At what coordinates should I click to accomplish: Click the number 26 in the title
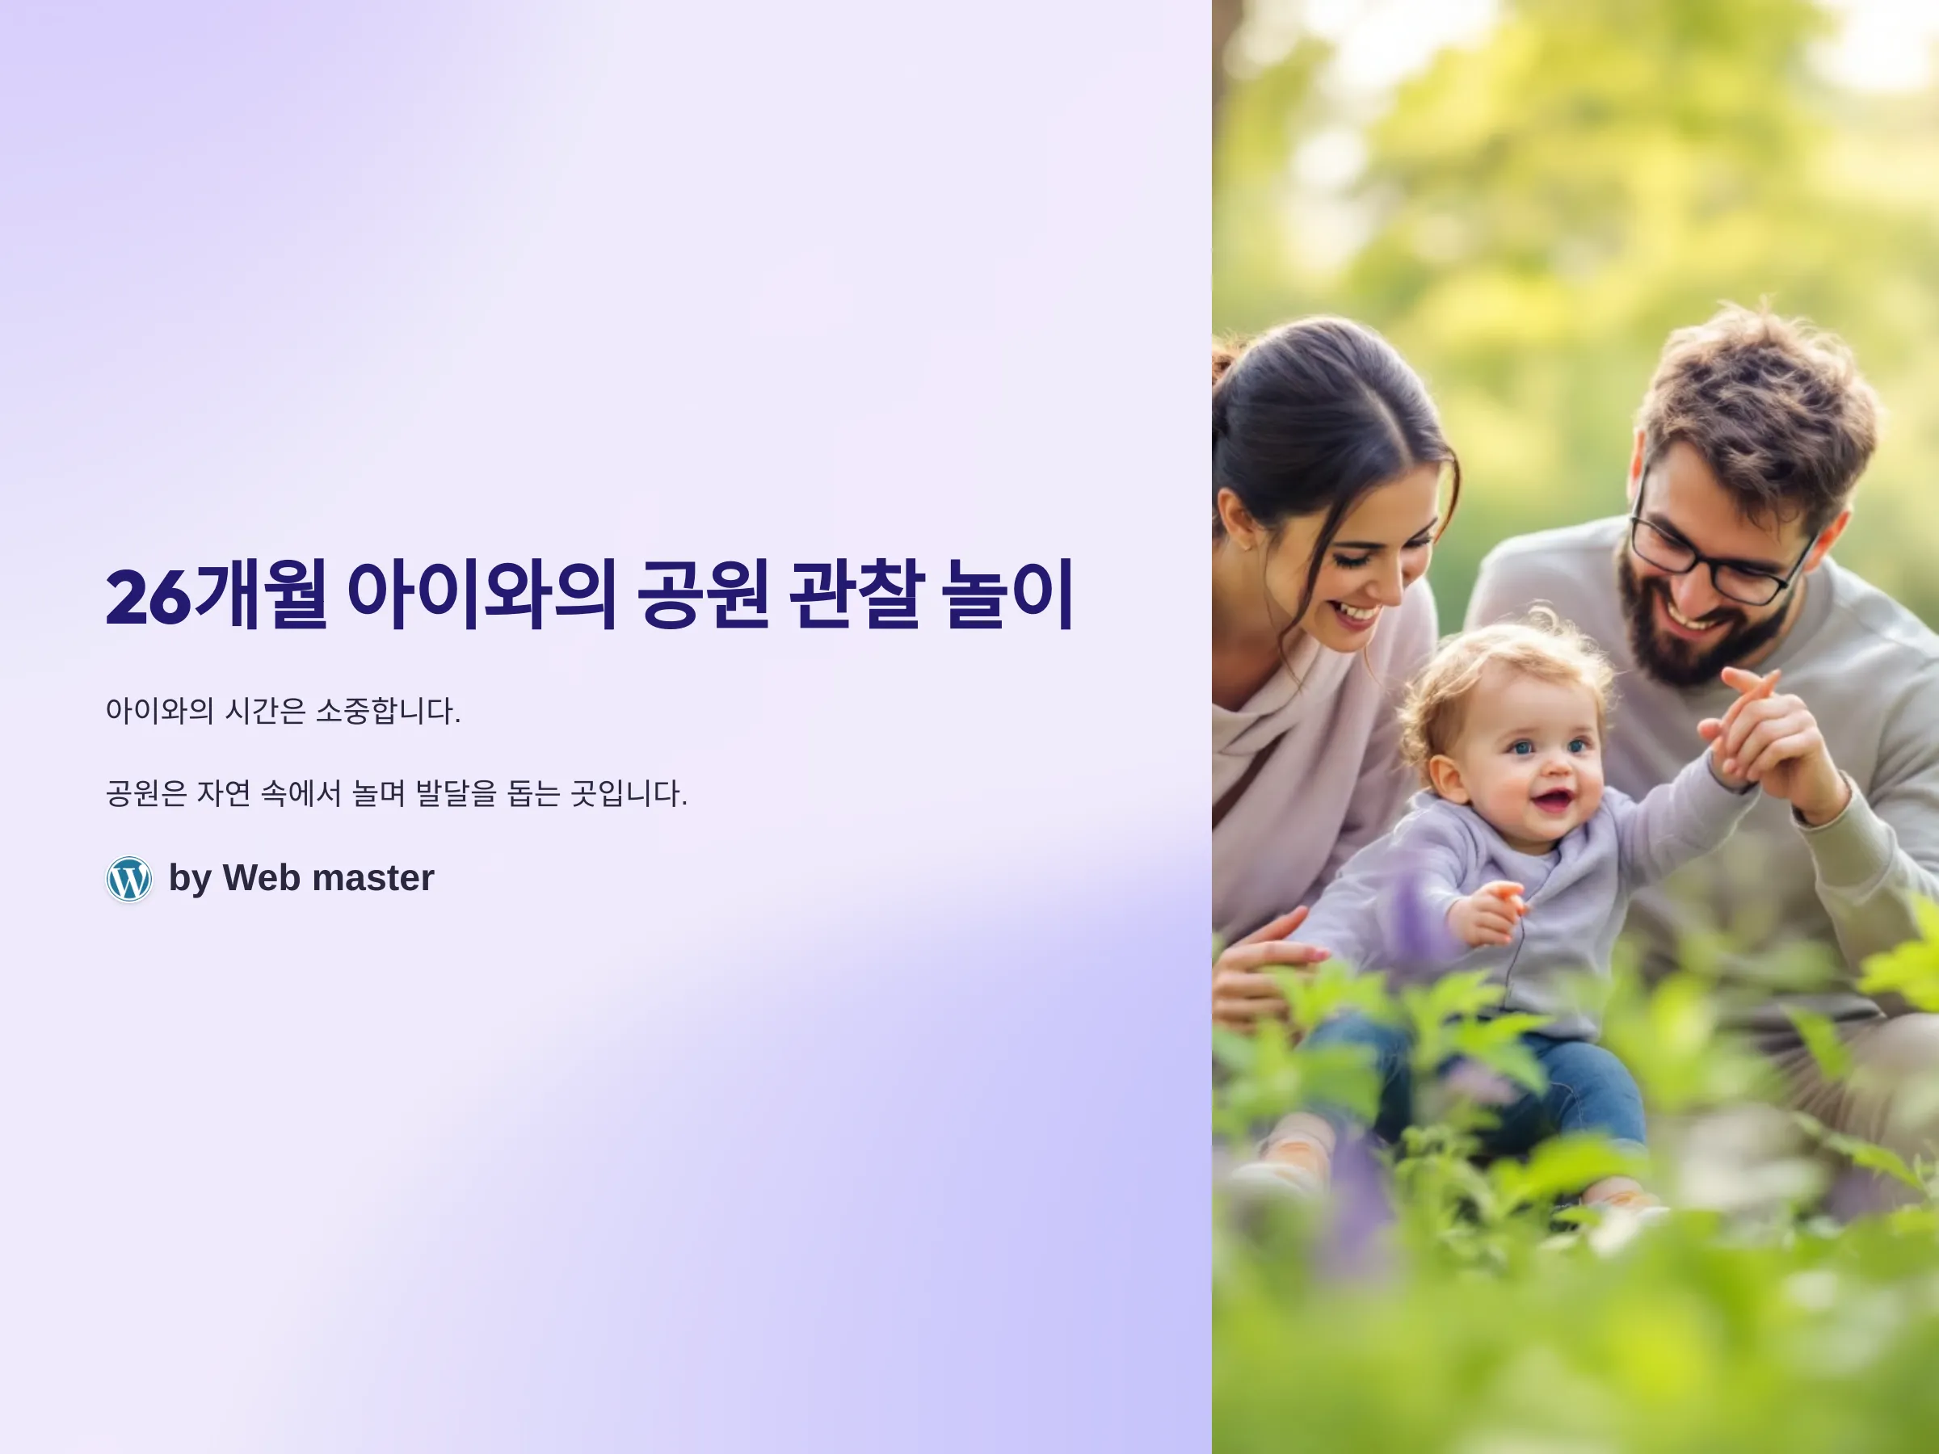coord(147,597)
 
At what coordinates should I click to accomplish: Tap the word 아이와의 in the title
coord(482,595)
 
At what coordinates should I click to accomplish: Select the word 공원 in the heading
coord(704,595)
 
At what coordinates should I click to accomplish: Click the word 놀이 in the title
coord(1007,595)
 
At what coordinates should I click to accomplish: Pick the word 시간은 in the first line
coord(265,710)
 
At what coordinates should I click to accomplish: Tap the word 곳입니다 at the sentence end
coord(629,793)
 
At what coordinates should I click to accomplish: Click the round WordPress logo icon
coord(128,878)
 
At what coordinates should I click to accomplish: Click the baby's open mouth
coord(1554,800)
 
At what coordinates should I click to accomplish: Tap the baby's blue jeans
coord(1490,1082)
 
